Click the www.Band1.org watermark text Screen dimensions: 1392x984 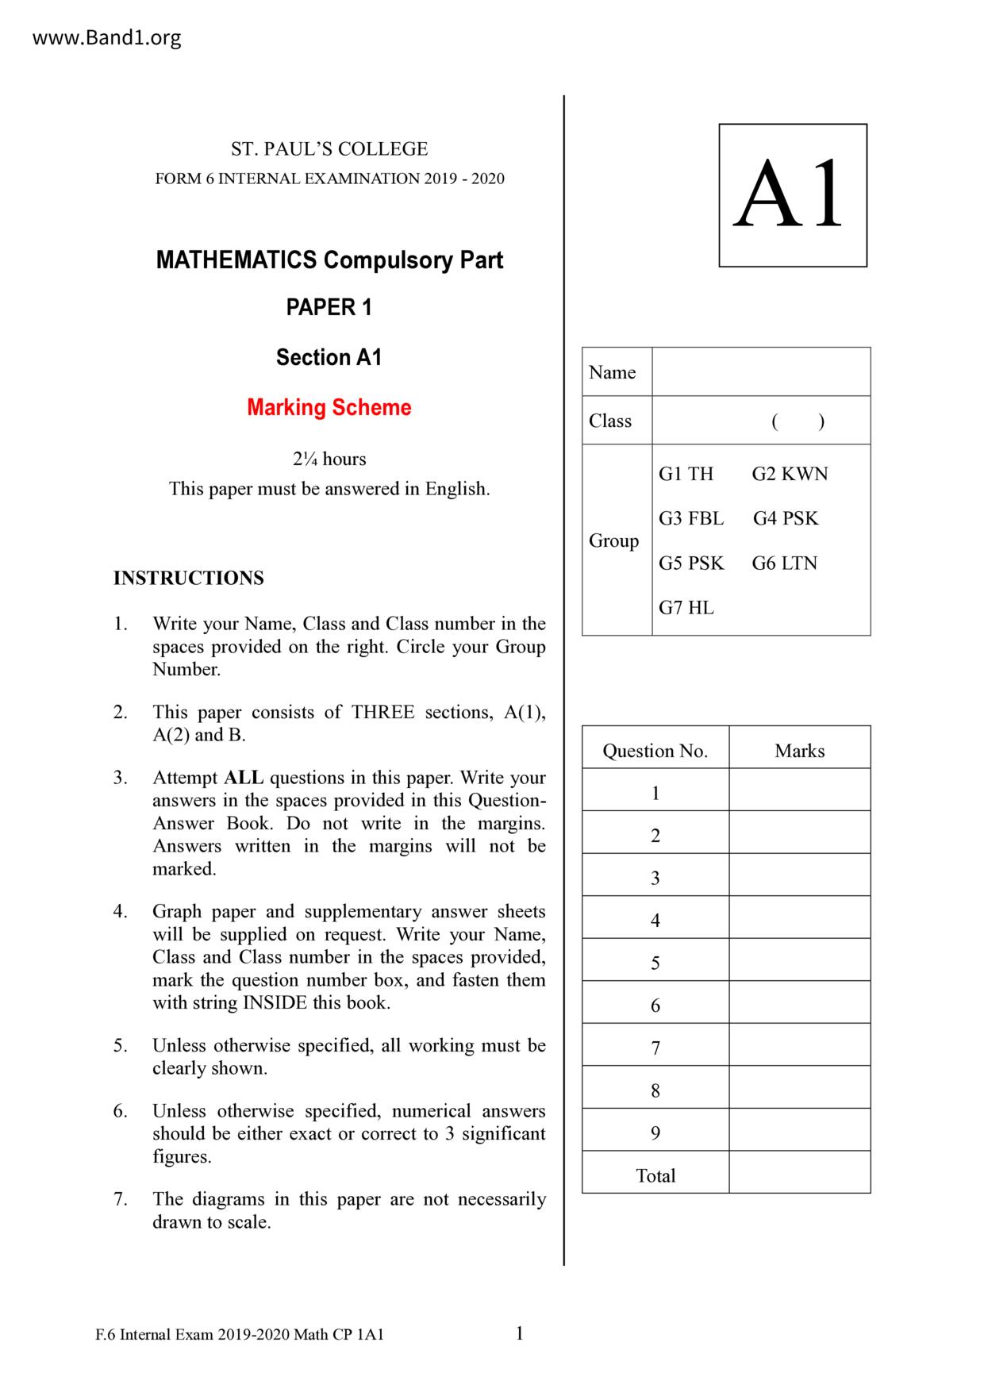(x=106, y=37)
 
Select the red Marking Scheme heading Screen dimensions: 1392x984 (x=329, y=408)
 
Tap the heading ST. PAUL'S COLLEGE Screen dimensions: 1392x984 (x=329, y=149)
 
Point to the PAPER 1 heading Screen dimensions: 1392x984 (x=329, y=308)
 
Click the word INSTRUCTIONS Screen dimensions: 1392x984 (x=189, y=578)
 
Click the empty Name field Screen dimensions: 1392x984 (x=760, y=372)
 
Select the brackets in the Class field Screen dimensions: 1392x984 (x=798, y=421)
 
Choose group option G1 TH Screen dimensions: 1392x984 (x=686, y=474)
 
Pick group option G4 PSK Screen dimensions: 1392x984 (x=786, y=518)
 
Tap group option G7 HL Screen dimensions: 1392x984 (x=686, y=608)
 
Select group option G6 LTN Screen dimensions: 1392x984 (x=785, y=563)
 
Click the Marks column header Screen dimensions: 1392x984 (x=799, y=751)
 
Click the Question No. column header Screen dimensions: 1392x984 (x=655, y=751)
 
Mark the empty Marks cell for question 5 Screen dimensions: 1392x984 (x=799, y=963)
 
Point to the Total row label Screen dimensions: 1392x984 (x=655, y=1175)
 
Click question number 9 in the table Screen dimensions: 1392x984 (x=655, y=1133)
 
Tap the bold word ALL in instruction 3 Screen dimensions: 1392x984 (x=244, y=778)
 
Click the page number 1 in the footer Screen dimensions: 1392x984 (x=520, y=1333)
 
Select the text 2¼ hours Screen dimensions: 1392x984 (x=329, y=460)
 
